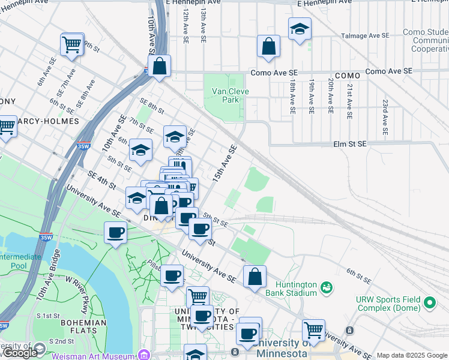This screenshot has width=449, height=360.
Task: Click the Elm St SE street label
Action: tap(350, 144)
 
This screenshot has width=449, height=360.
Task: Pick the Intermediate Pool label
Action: tap(22, 261)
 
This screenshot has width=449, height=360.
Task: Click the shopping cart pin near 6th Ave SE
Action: tap(71, 44)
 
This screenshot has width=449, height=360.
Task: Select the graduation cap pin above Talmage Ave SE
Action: tap(299, 29)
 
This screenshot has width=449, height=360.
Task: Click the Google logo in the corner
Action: tap(20, 353)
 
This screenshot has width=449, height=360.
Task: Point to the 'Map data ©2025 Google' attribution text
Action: tap(411, 355)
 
